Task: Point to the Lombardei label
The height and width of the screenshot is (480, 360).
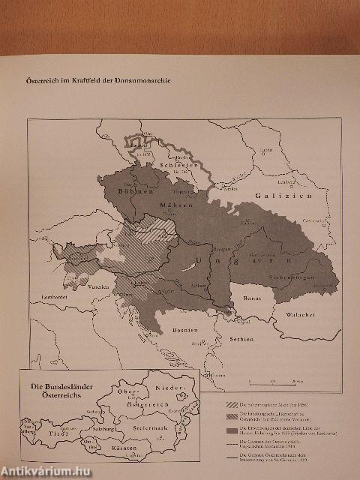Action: pos(47,298)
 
